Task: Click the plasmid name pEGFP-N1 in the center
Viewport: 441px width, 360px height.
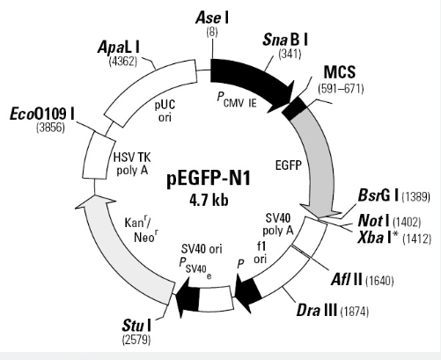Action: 209,178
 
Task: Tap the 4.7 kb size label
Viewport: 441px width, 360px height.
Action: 209,201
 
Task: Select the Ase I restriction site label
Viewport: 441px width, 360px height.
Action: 212,18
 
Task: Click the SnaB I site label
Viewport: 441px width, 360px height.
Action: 285,40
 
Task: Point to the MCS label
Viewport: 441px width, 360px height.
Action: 340,72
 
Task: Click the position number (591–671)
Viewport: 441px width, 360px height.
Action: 341,89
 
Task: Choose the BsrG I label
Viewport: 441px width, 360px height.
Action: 378,195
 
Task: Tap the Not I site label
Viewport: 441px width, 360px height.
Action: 373,221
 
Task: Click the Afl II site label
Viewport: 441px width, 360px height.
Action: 346,280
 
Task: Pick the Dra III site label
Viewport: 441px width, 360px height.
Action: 317,310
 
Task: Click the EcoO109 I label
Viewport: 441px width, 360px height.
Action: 42,114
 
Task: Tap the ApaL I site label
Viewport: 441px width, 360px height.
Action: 119,48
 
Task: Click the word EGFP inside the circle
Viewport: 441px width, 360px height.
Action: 289,165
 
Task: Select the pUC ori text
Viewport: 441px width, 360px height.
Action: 165,111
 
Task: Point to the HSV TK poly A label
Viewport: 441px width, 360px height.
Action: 132,164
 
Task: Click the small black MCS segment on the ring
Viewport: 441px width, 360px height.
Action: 295,108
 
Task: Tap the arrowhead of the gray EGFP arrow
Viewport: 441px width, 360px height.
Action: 320,212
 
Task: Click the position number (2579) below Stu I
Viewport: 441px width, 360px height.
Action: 136,340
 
